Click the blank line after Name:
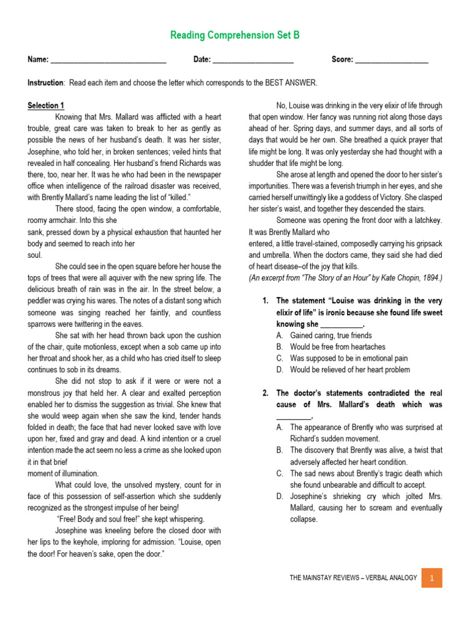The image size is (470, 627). (108, 61)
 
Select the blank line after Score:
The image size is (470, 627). (392, 61)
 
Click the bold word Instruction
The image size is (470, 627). (45, 83)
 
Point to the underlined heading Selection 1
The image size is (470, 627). (46, 105)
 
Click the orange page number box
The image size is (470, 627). (431, 577)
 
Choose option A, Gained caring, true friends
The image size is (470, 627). (330, 336)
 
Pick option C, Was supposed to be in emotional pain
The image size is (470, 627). (348, 358)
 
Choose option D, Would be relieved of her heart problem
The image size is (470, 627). (349, 370)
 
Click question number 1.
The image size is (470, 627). (265, 301)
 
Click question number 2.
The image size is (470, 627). (265, 393)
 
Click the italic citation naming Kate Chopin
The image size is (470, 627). (345, 278)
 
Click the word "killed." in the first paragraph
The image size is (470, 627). (177, 197)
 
